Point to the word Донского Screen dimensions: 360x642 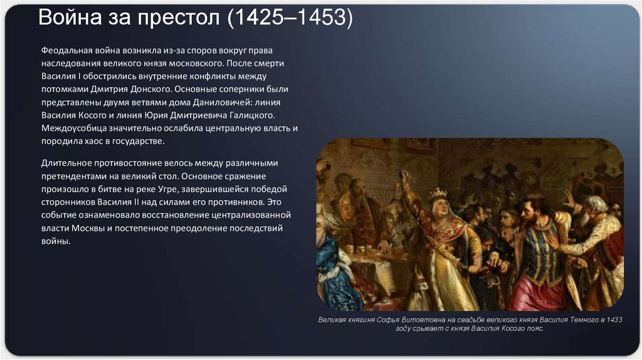[x=146, y=89]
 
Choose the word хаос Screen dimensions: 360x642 [x=92, y=142]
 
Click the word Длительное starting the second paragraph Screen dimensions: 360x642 [x=68, y=162]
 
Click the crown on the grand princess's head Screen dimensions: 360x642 [x=437, y=193]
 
